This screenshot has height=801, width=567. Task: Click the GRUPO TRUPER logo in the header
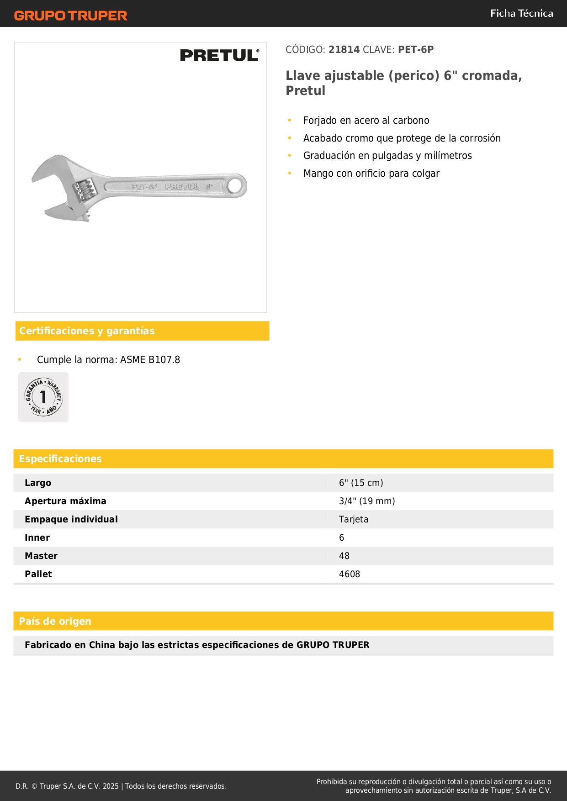[70, 16]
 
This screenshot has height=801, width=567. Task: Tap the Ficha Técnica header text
[521, 14]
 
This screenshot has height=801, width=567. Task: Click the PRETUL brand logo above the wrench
[219, 55]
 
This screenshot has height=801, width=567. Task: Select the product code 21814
[344, 50]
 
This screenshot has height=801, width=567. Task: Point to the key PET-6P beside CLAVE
[416, 50]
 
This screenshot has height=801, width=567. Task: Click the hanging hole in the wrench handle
[235, 186]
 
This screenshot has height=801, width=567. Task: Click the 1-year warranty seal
[43, 397]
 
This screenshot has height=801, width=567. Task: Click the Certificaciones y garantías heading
[87, 331]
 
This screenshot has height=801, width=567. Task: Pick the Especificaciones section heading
[60, 459]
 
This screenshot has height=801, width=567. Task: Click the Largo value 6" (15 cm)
[361, 483]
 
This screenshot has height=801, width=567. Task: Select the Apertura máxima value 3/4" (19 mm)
[367, 501]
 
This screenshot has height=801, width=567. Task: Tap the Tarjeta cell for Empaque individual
[354, 520]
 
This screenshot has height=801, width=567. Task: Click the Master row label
[41, 556]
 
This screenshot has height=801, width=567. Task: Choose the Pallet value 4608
[350, 574]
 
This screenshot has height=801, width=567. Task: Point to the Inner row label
[37, 538]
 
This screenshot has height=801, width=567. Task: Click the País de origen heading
[55, 622]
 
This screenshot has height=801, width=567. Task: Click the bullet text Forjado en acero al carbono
[366, 121]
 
